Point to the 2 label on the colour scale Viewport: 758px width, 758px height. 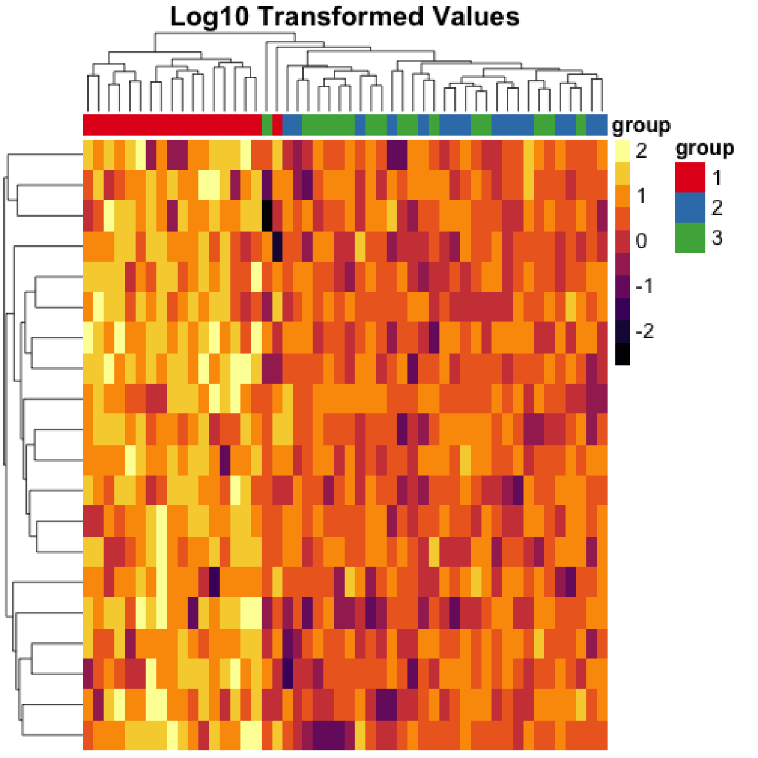click(x=641, y=152)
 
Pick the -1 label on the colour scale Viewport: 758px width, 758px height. click(x=644, y=287)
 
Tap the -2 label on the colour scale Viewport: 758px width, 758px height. click(x=644, y=332)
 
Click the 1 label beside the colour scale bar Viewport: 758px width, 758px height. click(x=641, y=197)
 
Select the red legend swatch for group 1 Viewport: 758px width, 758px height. click(x=690, y=178)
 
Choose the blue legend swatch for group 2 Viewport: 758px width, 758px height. click(x=690, y=208)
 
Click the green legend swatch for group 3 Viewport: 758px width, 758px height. click(x=690, y=238)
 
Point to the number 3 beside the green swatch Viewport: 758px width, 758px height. click(x=717, y=238)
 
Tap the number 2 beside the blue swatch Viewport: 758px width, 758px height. click(x=717, y=208)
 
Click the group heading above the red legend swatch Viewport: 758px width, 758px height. click(x=704, y=149)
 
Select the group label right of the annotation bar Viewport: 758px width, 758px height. click(x=641, y=126)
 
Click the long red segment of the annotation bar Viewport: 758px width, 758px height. click(x=172, y=125)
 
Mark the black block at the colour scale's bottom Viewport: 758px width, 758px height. click(x=622, y=354)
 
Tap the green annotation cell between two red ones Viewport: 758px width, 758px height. click(x=267, y=125)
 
